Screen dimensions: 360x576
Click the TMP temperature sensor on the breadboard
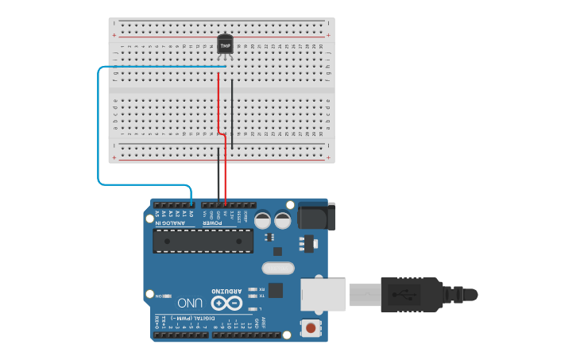[x=226, y=45]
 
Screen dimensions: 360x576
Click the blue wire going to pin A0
[x=99, y=127]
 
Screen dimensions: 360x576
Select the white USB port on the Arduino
[x=323, y=294]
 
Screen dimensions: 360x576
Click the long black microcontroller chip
[x=203, y=241]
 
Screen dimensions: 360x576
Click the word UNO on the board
[x=191, y=304]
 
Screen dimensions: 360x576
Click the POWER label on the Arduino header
[x=212, y=223]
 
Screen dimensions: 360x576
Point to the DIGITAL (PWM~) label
[x=187, y=318]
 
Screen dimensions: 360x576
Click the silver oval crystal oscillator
[x=277, y=268]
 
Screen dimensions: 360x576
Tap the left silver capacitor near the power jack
[x=262, y=220]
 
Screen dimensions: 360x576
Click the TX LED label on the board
[x=261, y=296]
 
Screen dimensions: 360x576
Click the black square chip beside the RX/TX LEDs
[x=276, y=290]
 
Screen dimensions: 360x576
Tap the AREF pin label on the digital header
[x=263, y=323]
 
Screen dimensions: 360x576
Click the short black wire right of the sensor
[x=232, y=103]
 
